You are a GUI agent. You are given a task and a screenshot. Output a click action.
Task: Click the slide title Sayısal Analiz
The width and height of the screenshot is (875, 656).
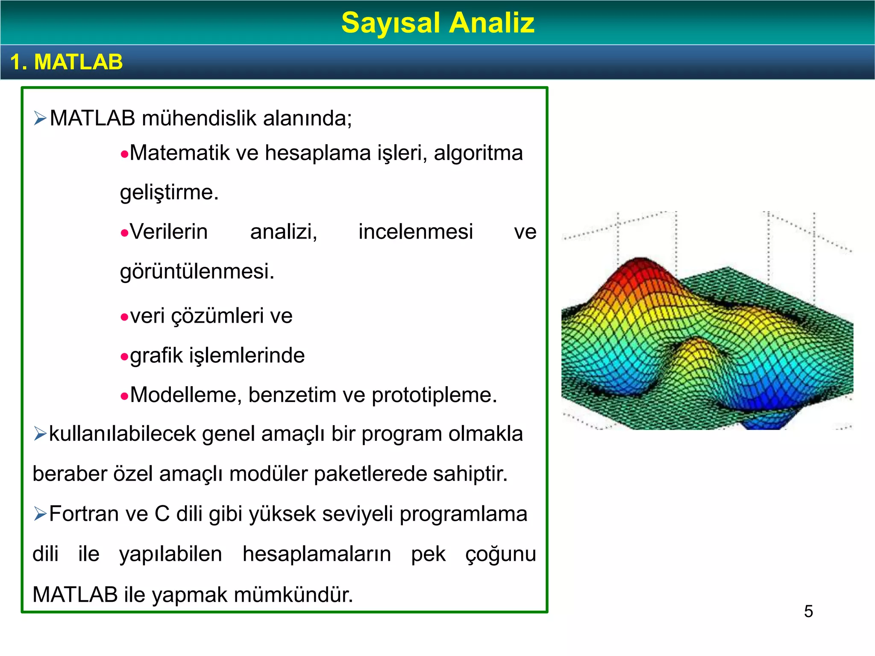pos(437,23)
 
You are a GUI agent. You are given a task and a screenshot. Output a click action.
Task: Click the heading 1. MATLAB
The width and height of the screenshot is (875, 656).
pos(67,62)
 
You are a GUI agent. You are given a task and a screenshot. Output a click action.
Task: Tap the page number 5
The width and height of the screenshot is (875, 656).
pos(808,611)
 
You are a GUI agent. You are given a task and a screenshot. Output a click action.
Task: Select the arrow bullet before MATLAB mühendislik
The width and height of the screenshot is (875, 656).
pos(40,118)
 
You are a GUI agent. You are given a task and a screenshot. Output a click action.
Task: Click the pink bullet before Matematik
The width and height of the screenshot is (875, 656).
pos(124,155)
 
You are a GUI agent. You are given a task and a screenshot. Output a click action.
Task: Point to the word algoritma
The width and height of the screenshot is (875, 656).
pos(478,153)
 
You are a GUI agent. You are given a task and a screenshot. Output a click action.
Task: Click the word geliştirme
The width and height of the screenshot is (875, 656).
pos(169,192)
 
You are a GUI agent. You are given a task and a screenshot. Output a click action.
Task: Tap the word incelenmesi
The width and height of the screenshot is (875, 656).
pos(415,232)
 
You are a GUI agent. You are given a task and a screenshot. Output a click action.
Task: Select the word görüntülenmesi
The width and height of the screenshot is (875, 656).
pos(197,272)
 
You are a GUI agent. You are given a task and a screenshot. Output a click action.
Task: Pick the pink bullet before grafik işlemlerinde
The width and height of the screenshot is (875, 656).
pos(124,357)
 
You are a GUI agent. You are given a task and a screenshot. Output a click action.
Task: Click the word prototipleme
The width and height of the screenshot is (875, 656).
pos(434,395)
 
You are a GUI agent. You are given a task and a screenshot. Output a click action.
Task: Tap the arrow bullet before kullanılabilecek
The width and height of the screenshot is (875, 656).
pos(40,434)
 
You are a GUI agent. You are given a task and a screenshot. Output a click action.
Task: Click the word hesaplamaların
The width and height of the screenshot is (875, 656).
pos(317,554)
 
